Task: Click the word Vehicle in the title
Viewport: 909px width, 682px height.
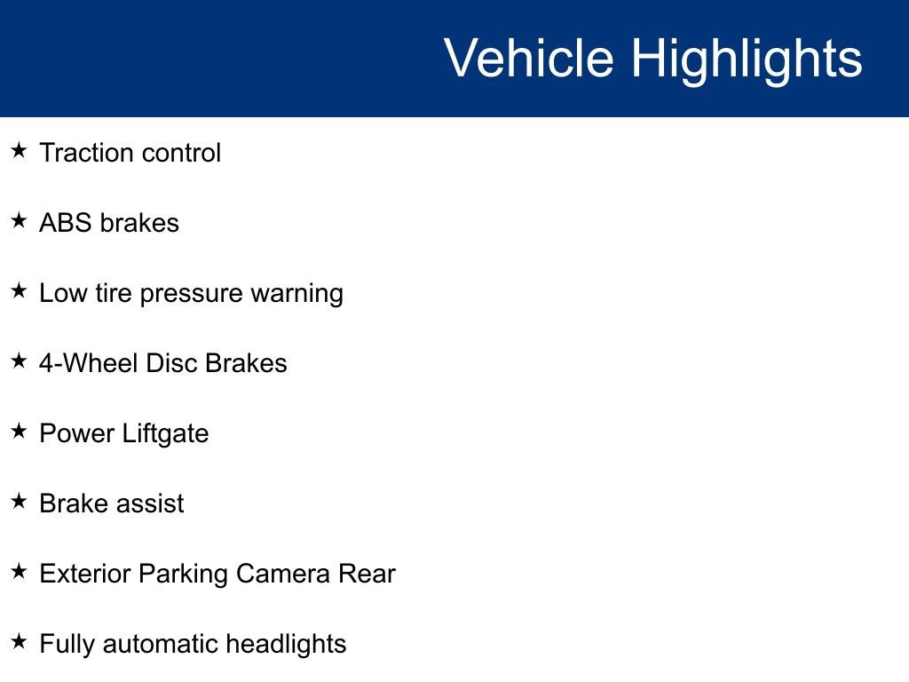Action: [x=528, y=59]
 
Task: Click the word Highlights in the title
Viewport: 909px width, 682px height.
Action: [x=746, y=59]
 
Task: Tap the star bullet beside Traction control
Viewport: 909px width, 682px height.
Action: [x=20, y=151]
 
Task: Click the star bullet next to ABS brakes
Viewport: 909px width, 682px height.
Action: [x=20, y=221]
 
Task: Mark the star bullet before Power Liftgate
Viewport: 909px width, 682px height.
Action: [x=20, y=432]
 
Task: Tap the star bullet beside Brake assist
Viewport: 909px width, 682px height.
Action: [x=20, y=502]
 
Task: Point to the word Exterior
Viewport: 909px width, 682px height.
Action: [x=85, y=574]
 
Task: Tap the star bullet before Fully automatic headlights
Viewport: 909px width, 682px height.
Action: [x=20, y=642]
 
